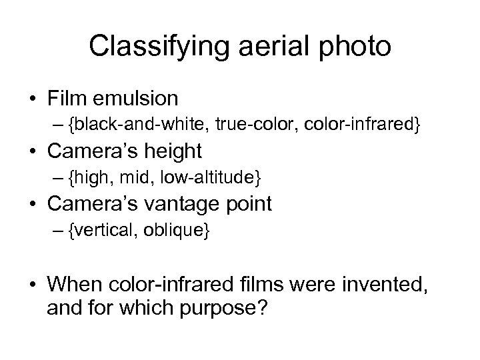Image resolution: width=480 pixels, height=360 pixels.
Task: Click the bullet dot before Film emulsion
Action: (x=33, y=99)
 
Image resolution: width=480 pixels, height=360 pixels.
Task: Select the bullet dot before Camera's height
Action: (x=33, y=152)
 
